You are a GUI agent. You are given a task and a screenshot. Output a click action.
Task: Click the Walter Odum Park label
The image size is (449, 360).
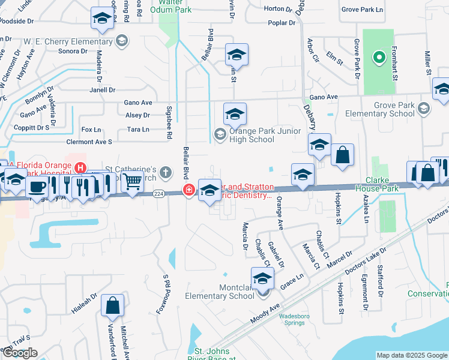point(158,6)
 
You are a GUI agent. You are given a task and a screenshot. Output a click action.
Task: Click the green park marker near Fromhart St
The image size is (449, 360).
point(379,58)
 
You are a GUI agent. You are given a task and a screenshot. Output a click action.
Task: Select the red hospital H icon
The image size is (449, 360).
point(79,167)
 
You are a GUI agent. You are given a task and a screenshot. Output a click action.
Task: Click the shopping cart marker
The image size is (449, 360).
point(132,181)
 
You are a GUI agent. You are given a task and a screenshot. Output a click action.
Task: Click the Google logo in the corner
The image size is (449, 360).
point(20,353)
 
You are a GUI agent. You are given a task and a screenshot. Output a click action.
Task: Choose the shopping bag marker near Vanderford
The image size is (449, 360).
point(112,305)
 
